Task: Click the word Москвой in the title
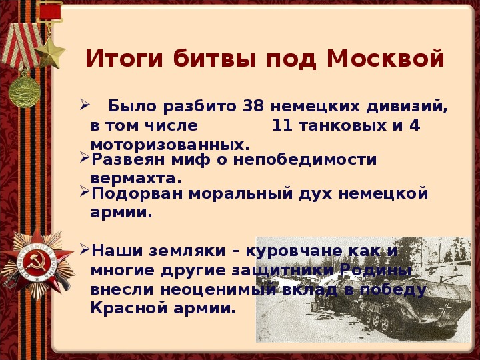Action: (x=385, y=58)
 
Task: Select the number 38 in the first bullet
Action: (x=253, y=106)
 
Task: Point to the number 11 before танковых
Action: (x=283, y=125)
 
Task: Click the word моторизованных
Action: (x=170, y=145)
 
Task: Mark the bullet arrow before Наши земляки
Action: (x=84, y=249)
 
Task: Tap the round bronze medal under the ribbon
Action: (x=24, y=92)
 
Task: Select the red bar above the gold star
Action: (x=49, y=11)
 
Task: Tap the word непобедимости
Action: (x=305, y=159)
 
